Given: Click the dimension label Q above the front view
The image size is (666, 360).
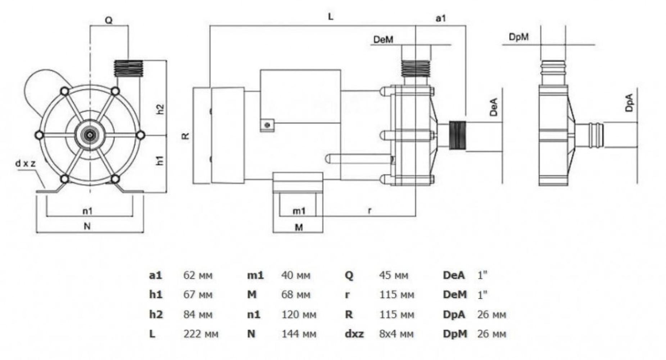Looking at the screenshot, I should point(108,21).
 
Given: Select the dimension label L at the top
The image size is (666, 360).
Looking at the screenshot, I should point(330,17).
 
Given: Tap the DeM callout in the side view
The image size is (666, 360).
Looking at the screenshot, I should point(383,39).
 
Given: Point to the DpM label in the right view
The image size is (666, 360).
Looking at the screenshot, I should point(518,37).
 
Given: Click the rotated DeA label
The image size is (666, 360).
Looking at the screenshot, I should point(494,107).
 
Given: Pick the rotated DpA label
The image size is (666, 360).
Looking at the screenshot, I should point(629,103).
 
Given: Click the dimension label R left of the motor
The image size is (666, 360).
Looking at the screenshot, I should point(185,136).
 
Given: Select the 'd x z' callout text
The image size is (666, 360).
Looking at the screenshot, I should point(26,163).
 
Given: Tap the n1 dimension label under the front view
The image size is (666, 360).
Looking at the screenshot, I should point(87,211).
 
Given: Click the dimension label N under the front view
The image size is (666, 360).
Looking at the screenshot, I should point(87,226).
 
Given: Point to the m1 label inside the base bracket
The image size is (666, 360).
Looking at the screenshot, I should point(299,211).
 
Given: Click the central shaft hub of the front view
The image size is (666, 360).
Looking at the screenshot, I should point(90,135).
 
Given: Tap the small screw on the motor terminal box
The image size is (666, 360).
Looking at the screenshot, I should point(267,125).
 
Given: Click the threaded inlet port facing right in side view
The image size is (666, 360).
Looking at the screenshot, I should point(457,135).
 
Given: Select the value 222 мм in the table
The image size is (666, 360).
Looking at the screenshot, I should point(201,334).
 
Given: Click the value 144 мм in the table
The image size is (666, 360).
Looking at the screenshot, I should point(299,334).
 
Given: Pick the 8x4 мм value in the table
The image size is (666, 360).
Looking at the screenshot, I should point(396,334).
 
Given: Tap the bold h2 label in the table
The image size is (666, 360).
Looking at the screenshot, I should point(156,314).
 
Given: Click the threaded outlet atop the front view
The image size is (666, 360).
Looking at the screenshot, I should point(128,68).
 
